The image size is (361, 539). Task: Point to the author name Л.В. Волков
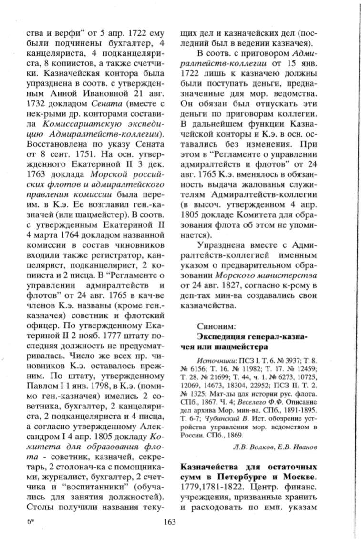254,446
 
